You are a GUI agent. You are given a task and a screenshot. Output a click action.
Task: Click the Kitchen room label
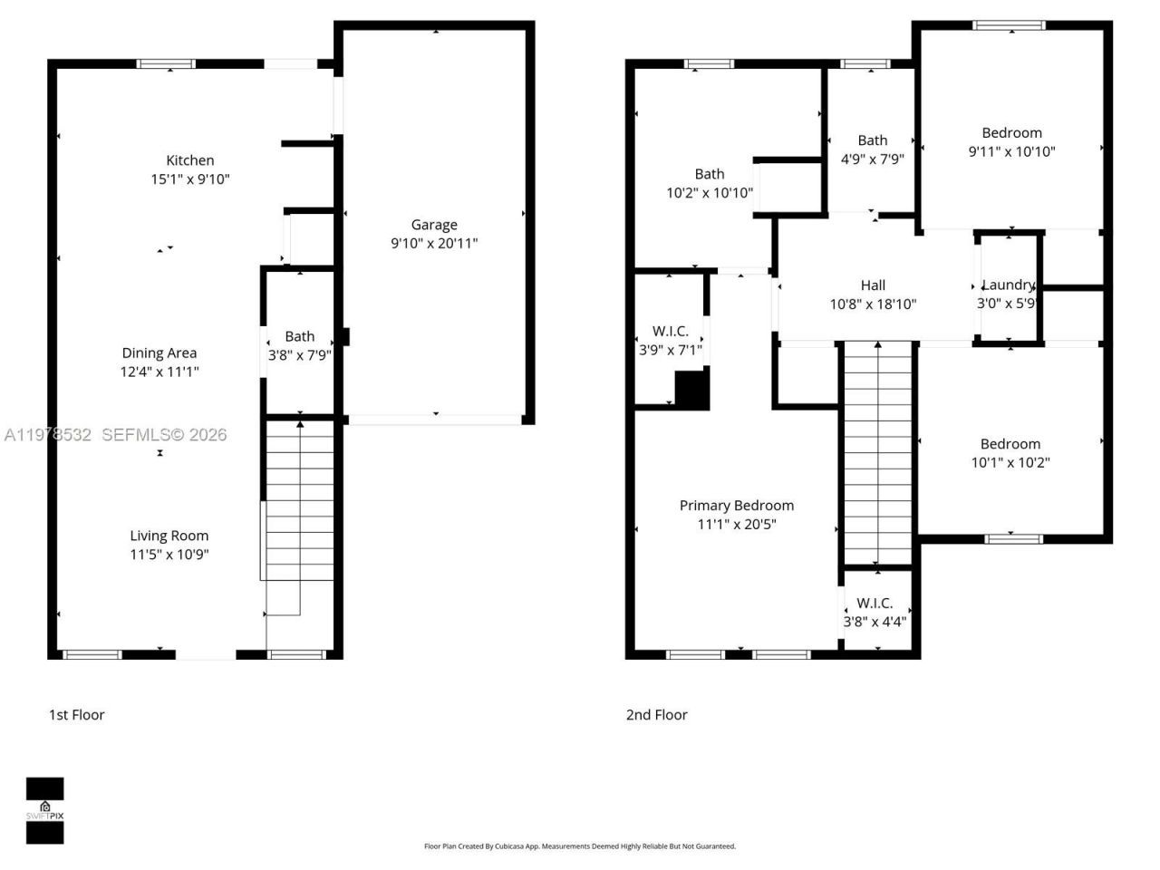pos(189,160)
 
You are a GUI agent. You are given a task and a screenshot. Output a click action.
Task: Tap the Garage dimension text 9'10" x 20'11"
pos(434,243)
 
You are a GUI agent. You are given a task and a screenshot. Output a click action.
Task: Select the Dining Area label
pos(159,353)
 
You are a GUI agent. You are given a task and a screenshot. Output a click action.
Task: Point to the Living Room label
pos(169,536)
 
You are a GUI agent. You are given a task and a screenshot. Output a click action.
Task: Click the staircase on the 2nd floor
pos(877,453)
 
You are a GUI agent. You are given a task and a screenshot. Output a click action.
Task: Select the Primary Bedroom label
pos(736,505)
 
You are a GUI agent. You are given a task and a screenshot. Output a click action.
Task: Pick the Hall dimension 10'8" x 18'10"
pos(873,304)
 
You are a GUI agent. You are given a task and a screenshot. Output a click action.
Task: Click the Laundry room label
pos(1008,285)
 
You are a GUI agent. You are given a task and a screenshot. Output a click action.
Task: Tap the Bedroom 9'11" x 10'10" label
pos(1011,132)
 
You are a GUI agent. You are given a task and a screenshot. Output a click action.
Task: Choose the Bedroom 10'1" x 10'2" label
pos(1010,443)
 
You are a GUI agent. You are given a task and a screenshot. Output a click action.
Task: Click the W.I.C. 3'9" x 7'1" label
pos(671,331)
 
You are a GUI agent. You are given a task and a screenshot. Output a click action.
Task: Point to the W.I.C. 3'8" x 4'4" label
pos(875,603)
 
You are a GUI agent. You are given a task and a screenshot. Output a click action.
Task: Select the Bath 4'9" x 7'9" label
pos(872,140)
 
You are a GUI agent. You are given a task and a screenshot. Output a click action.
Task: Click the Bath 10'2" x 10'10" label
pos(709,173)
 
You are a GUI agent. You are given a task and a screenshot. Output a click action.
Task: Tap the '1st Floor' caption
pos(76,714)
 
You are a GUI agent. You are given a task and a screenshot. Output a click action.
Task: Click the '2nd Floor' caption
pos(656,714)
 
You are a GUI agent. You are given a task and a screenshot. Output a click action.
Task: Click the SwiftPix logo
pos(44,810)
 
